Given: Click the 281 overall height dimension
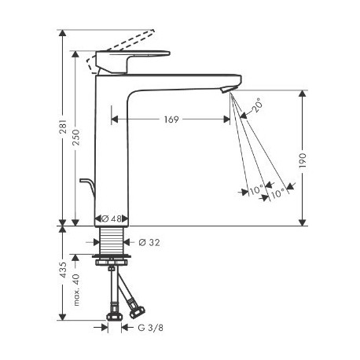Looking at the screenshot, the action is coord(63,127).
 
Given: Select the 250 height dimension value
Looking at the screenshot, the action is coord(75,137).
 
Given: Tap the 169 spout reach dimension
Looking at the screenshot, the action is coord(171,119).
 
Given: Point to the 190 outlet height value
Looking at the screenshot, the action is coord(303,160).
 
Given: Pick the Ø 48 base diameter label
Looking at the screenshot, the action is coord(112,219).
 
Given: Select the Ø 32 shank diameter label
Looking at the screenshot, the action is coord(149,243).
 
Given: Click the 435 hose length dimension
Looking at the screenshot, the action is coord(63,270).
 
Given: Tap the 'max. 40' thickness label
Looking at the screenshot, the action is coord(75,289).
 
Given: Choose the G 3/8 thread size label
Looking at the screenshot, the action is coord(150,328).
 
